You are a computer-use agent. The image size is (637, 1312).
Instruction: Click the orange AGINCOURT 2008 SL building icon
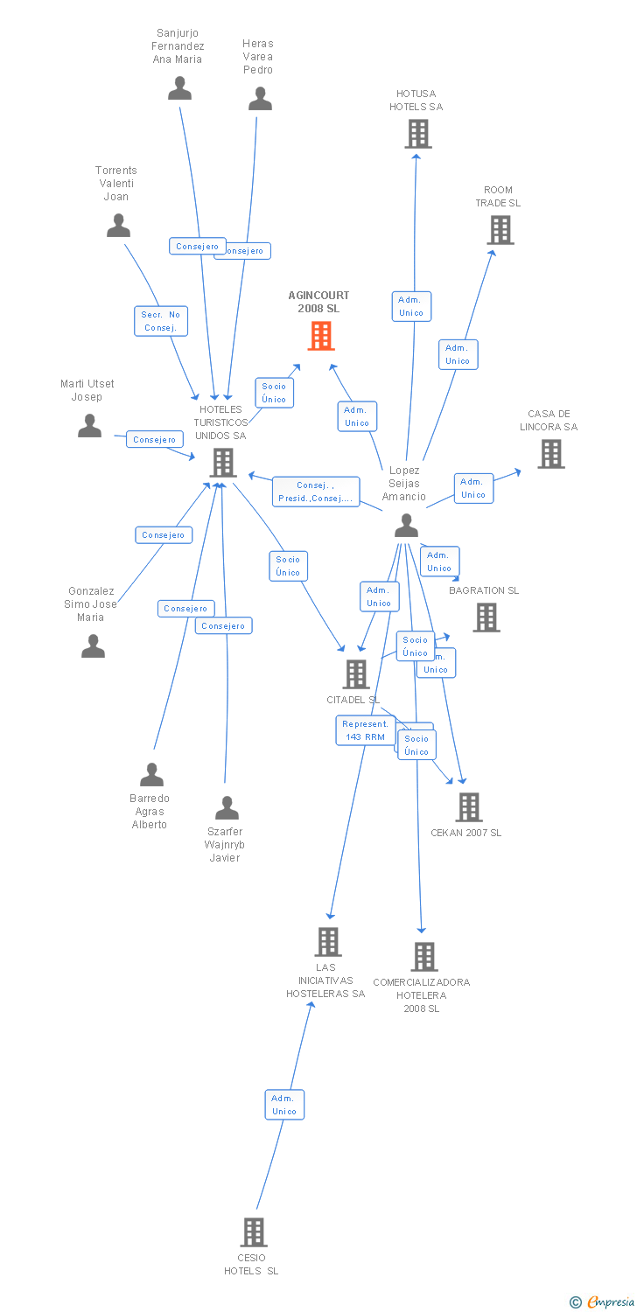[321, 336]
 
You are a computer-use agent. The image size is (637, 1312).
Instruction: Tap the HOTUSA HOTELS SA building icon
[417, 134]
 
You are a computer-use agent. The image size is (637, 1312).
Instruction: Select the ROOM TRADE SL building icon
[500, 230]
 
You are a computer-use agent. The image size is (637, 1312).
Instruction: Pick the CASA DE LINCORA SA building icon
[550, 454]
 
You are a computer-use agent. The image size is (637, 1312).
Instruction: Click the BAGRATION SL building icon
[486, 618]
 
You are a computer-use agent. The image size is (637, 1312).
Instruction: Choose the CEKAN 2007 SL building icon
[469, 807]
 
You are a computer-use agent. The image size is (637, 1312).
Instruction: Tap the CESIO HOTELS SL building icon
[253, 1232]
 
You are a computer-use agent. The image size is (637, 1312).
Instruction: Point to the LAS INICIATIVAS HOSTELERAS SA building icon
[327, 942]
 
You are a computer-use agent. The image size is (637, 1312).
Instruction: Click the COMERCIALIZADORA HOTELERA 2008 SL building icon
[424, 957]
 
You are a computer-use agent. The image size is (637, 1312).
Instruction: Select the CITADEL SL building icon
[356, 674]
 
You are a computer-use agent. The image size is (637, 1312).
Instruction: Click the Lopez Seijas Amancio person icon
[406, 525]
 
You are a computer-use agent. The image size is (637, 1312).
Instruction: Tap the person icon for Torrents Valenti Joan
[118, 226]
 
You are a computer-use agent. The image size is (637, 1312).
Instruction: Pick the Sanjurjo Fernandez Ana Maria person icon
[179, 88]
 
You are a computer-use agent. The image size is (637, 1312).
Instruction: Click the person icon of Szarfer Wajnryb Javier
[227, 807]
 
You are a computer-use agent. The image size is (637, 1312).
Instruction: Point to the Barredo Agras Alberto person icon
[151, 774]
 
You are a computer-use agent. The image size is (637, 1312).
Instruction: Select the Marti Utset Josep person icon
[90, 426]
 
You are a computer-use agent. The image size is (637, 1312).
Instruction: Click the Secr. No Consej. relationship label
[161, 321]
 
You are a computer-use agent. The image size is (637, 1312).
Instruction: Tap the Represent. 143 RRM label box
[365, 730]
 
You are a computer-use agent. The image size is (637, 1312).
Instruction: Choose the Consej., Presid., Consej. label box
[316, 492]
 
